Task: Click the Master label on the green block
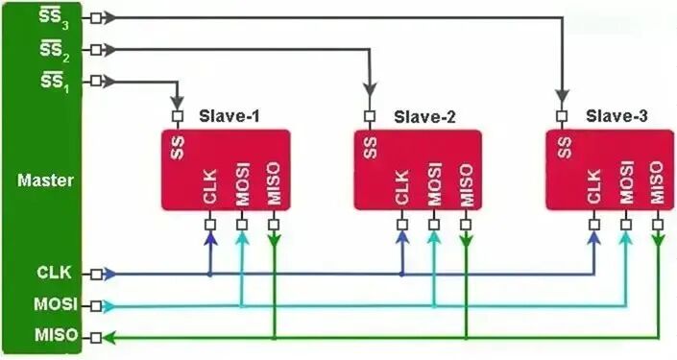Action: (x=45, y=180)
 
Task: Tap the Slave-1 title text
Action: (x=230, y=117)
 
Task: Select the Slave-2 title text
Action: (x=424, y=117)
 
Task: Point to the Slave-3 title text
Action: (x=617, y=116)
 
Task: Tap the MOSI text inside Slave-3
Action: (x=626, y=182)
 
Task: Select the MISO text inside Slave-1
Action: (x=274, y=183)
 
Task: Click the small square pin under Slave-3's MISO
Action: (x=658, y=225)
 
